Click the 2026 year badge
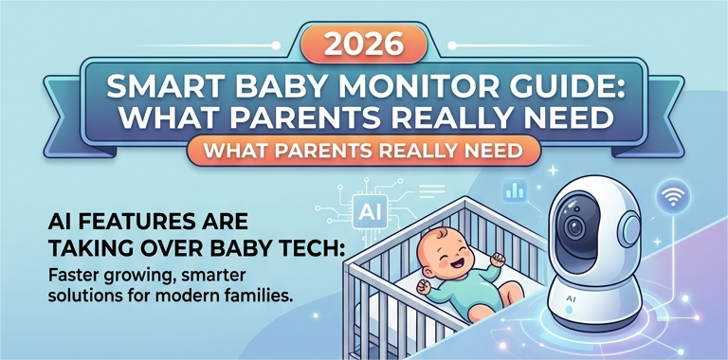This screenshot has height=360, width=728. (364, 45)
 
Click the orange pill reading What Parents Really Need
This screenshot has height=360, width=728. (364, 152)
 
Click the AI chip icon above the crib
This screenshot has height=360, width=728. (370, 211)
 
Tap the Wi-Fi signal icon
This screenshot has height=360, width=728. (672, 196)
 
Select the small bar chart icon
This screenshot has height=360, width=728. (515, 190)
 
